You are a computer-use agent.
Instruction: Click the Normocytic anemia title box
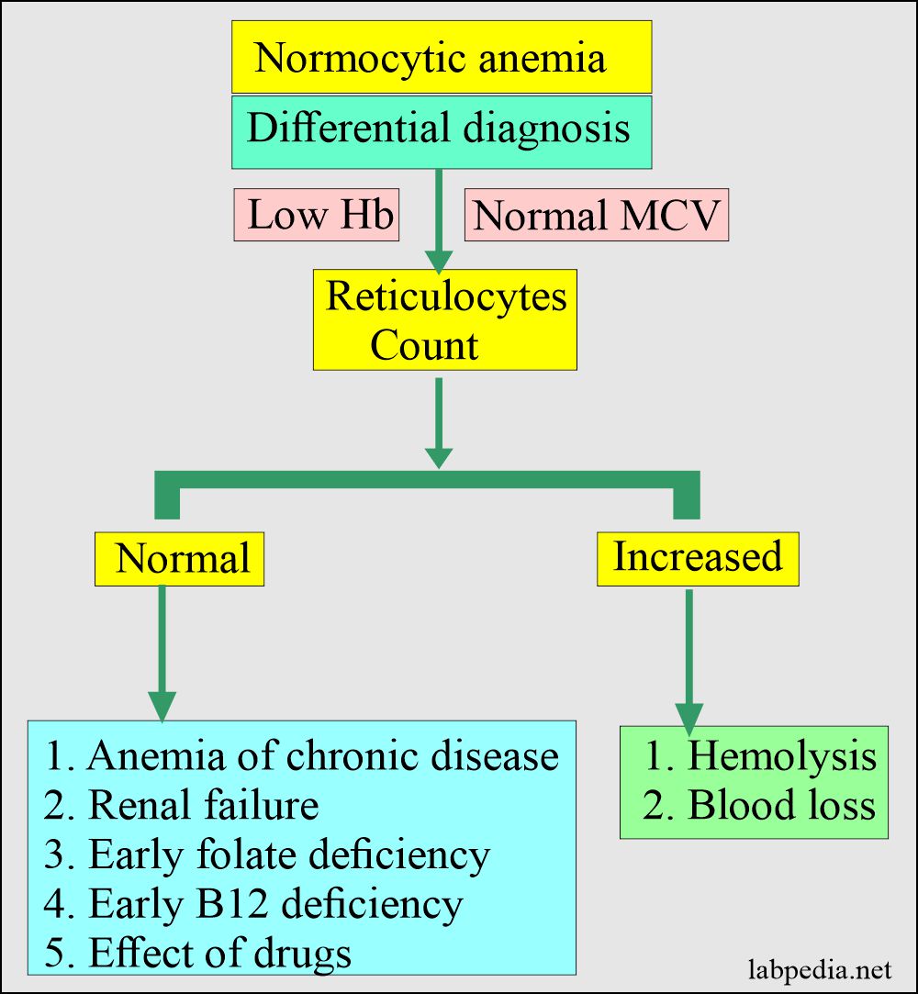tap(442, 57)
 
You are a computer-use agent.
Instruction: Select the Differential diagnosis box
tap(442, 131)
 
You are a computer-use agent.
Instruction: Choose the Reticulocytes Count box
tap(445, 319)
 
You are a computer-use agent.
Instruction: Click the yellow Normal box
tap(180, 559)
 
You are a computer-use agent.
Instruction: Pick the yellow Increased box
tap(698, 557)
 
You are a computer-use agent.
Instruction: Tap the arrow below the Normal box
tap(162, 652)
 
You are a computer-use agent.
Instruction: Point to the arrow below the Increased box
tap(688, 656)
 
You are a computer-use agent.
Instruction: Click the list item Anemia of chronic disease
tap(301, 756)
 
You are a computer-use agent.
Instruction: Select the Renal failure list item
tap(181, 805)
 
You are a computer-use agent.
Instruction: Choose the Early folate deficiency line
tap(267, 854)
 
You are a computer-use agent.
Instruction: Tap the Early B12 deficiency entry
tap(253, 904)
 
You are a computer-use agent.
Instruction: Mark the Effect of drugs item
tap(197, 952)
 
